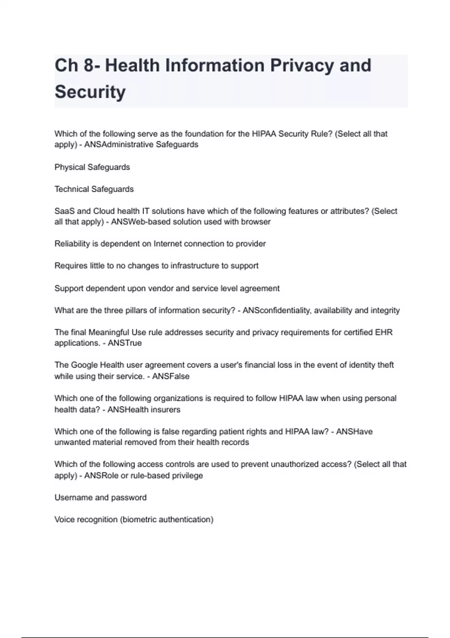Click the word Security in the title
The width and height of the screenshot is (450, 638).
coord(90,92)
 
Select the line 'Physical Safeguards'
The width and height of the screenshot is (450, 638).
coord(92,167)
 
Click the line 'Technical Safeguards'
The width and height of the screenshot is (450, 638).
coord(94,189)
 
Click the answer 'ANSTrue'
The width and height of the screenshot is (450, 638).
coord(125,343)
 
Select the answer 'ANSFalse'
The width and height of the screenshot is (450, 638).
coord(171,376)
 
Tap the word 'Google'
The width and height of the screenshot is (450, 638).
coord(84,365)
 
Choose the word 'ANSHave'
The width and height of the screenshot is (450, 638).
coord(354,432)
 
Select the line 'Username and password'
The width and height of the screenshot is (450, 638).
coord(100,498)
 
